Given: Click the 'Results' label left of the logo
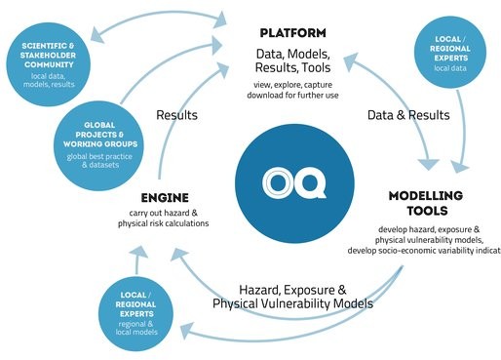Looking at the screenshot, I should pyautogui.click(x=178, y=116).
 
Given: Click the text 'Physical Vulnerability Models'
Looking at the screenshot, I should pyautogui.click(x=292, y=304).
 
